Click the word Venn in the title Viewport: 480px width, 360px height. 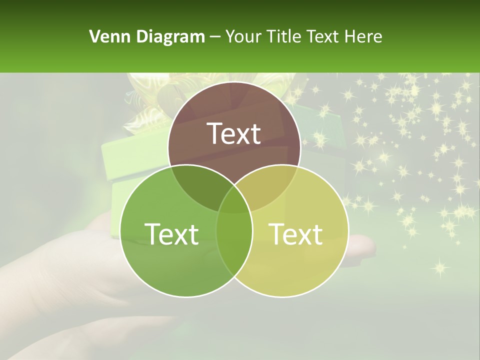[x=105, y=36]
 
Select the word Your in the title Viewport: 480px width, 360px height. [x=244, y=36]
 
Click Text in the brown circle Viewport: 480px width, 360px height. [x=234, y=133]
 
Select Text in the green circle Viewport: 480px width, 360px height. [x=171, y=233]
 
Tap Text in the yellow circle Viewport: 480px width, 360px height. [x=296, y=233]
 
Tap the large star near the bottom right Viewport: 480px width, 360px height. [x=439, y=267]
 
